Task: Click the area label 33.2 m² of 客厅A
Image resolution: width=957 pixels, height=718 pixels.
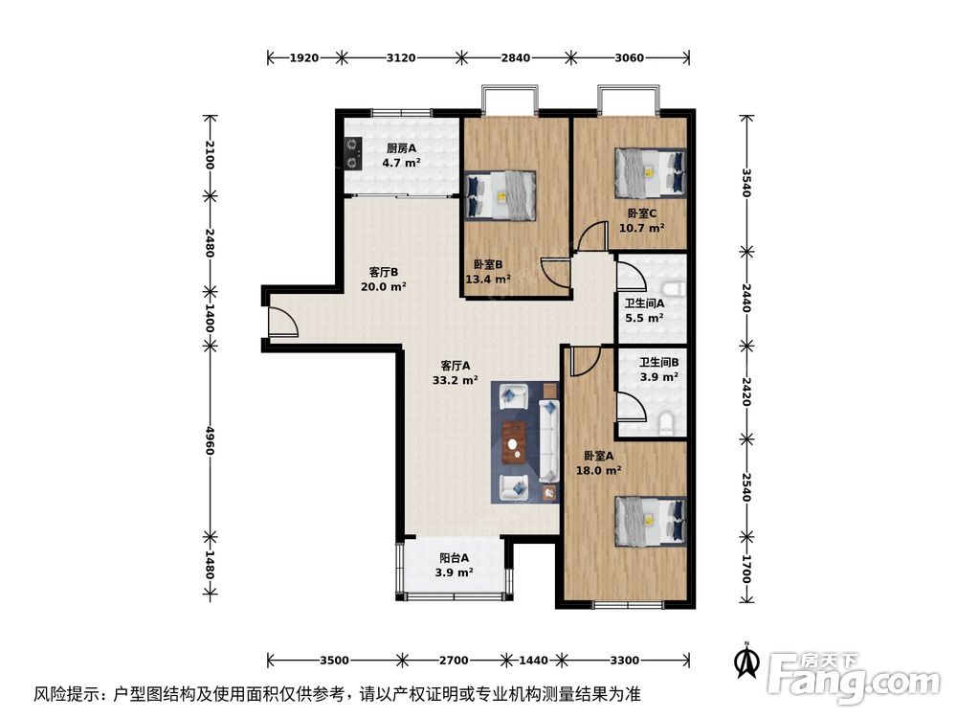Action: (455, 380)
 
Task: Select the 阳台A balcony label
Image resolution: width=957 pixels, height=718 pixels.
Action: (454, 558)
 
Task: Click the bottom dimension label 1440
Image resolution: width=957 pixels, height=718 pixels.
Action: (533, 661)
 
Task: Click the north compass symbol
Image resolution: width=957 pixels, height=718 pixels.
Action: (746, 661)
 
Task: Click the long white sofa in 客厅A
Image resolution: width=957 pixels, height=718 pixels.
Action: (550, 440)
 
